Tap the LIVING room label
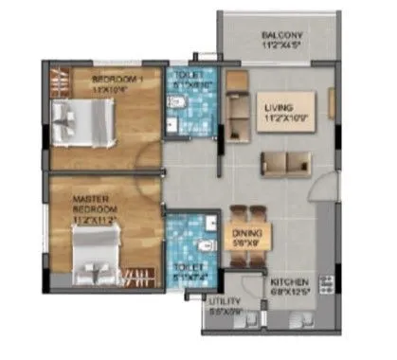click(x=279, y=109)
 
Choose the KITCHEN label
click(x=289, y=283)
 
